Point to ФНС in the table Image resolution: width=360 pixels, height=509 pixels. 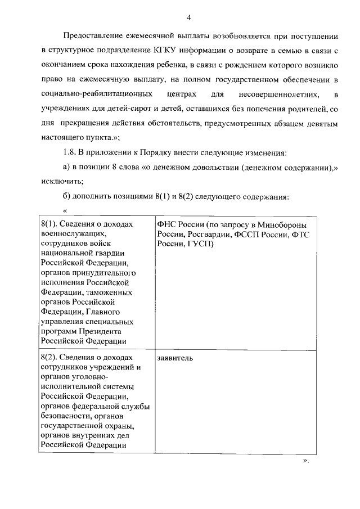tap(167, 225)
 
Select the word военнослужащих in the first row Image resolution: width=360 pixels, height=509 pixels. tap(73, 235)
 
